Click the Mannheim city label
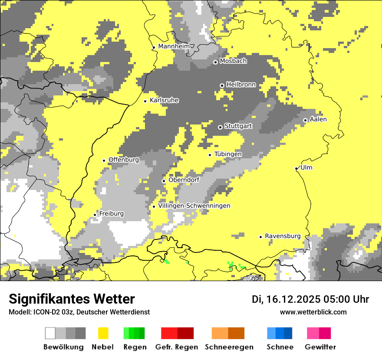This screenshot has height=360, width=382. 174,46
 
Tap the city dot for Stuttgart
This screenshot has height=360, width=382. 220,127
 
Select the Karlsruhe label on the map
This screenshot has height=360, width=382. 164,100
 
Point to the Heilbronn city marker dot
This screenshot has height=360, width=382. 222,85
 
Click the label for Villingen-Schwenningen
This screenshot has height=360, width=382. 194,206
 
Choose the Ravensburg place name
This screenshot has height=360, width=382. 283,236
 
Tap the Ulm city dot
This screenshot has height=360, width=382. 296,169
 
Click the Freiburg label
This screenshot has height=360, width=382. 111,213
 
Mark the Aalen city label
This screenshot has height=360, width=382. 318,119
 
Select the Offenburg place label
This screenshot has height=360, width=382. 124,160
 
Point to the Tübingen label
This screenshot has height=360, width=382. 228,154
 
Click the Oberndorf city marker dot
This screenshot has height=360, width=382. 164,181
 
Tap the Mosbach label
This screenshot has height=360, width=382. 233,61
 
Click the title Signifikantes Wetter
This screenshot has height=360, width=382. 72,299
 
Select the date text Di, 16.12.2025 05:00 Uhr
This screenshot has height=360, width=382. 310,299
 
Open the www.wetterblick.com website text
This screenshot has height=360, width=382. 313,312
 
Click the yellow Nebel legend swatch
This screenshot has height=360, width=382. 103,333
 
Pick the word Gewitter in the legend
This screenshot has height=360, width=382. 320,347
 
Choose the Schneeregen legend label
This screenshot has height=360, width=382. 229,347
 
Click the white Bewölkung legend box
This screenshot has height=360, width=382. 50,333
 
